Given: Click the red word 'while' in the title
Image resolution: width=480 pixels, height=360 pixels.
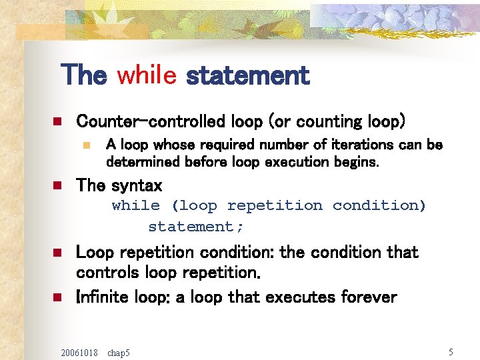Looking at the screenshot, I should (x=146, y=75).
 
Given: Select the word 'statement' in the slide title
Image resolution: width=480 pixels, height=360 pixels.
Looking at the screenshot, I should (x=248, y=75).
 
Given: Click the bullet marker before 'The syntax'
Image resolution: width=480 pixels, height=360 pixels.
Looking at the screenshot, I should (x=57, y=185).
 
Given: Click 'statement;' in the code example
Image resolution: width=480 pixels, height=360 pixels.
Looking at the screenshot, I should (x=196, y=227).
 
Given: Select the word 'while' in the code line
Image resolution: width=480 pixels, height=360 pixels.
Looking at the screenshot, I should (x=135, y=205).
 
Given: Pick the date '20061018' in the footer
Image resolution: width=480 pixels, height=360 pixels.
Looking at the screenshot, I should (x=79, y=352).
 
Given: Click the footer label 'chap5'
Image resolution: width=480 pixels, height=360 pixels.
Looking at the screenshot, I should (x=119, y=352).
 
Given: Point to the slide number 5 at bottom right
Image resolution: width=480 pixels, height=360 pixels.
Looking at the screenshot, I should (x=451, y=351).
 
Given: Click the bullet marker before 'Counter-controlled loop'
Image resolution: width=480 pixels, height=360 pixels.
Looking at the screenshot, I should (x=57, y=122).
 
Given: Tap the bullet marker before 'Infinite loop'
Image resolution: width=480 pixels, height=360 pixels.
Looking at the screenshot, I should (x=57, y=297).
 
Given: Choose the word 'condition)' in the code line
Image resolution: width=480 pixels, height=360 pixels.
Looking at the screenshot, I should (x=379, y=205).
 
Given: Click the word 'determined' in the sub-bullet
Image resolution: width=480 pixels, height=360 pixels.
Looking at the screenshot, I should (x=141, y=162).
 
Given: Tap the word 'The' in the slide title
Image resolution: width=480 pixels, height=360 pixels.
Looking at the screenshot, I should (x=83, y=75).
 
